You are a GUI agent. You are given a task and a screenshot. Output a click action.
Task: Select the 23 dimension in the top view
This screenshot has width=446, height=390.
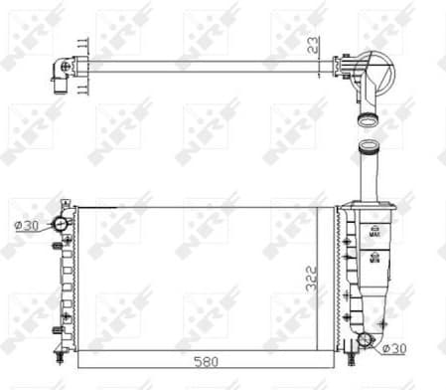313,44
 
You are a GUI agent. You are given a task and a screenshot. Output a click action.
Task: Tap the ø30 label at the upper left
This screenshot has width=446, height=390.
28,225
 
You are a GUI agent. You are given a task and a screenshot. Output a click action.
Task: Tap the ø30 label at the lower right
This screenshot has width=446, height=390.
395,348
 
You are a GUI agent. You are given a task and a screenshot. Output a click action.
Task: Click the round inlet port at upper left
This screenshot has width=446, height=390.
61,224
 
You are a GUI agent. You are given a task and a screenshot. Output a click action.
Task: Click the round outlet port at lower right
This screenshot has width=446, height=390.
366,340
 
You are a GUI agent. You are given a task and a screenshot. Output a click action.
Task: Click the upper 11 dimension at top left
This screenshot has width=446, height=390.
82,46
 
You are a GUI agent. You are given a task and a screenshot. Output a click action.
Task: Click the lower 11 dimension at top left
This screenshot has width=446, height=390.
82,88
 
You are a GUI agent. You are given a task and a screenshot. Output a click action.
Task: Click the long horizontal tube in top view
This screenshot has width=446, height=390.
199,66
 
